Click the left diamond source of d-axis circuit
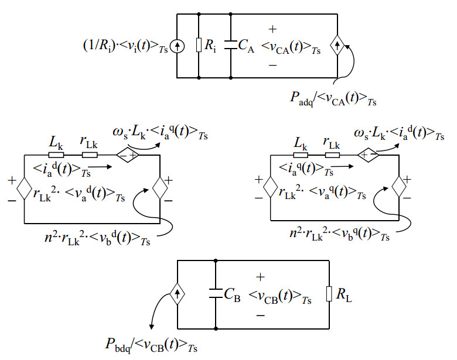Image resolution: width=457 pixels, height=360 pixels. [x=25, y=188]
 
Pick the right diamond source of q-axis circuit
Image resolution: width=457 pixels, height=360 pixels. [x=400, y=188]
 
